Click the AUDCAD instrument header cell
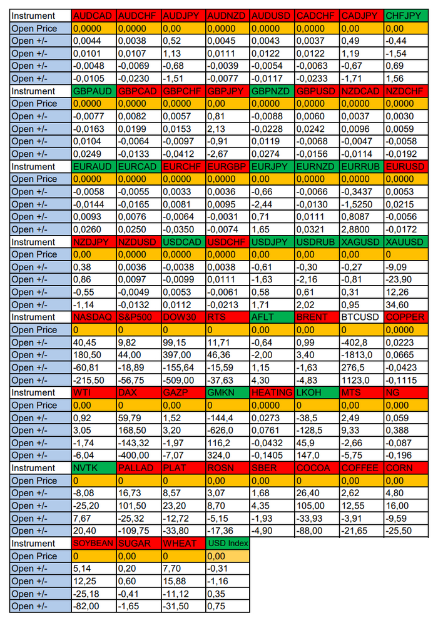94,16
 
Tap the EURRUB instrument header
361,166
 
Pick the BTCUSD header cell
361,317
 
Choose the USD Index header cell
227,544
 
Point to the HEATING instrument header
272,392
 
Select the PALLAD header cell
138,468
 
